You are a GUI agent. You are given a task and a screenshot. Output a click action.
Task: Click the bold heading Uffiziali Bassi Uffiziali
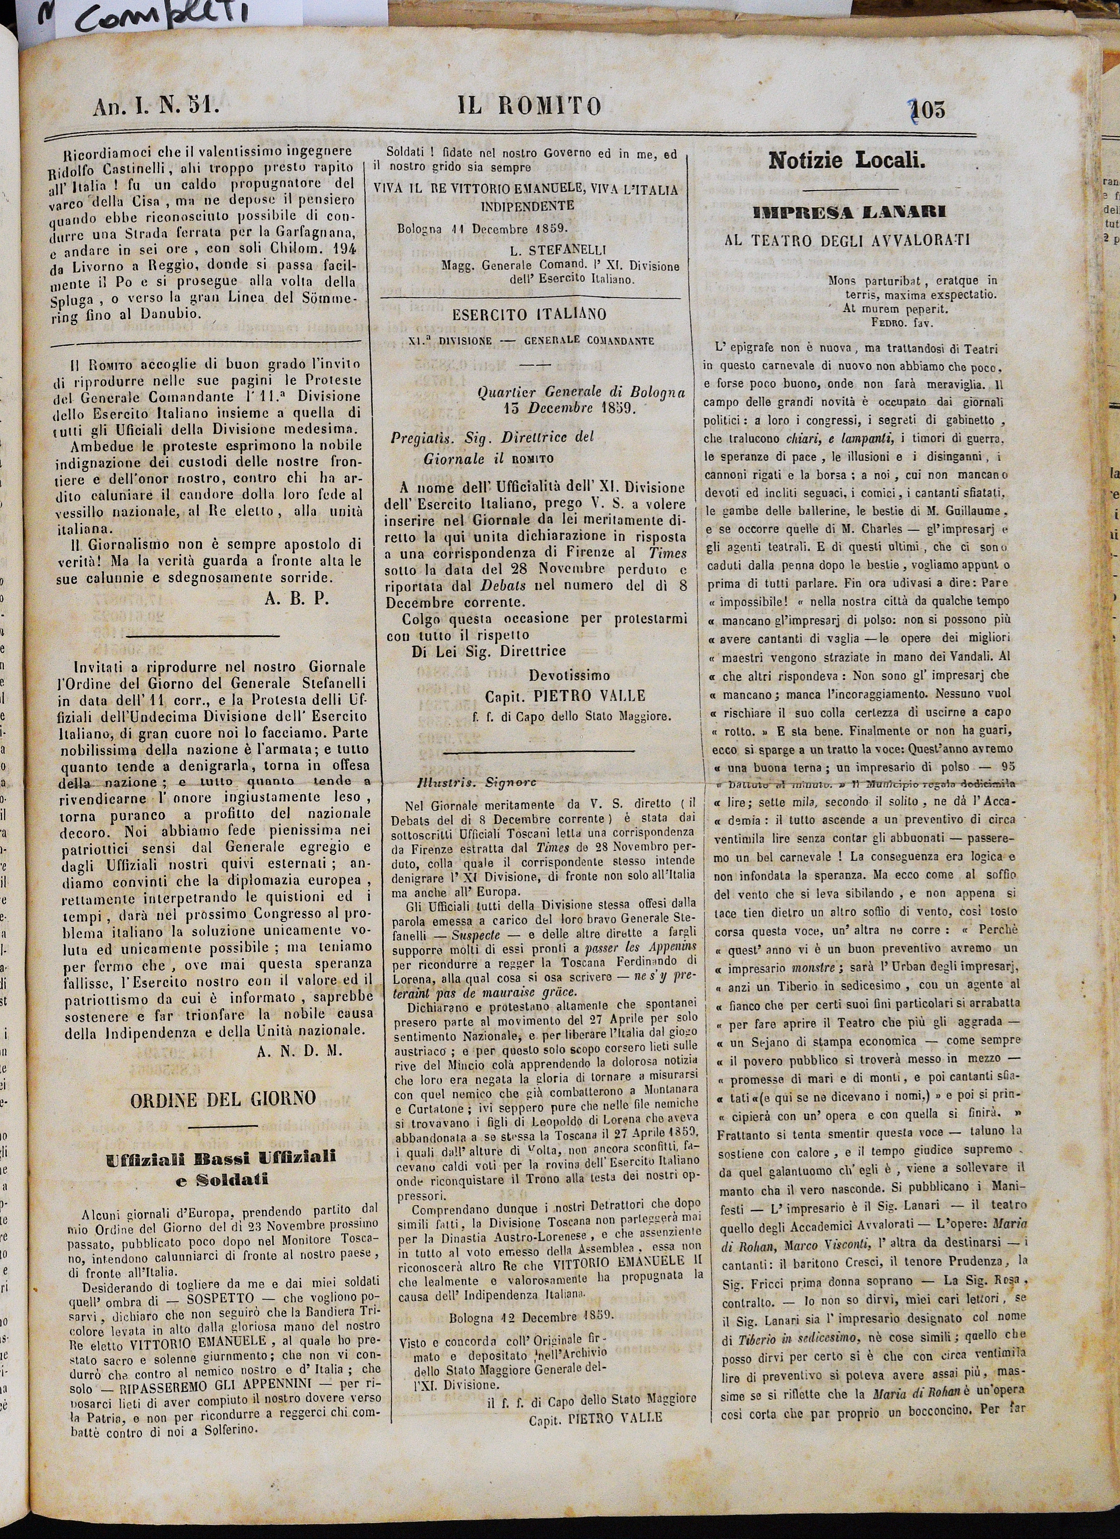(221, 1158)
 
